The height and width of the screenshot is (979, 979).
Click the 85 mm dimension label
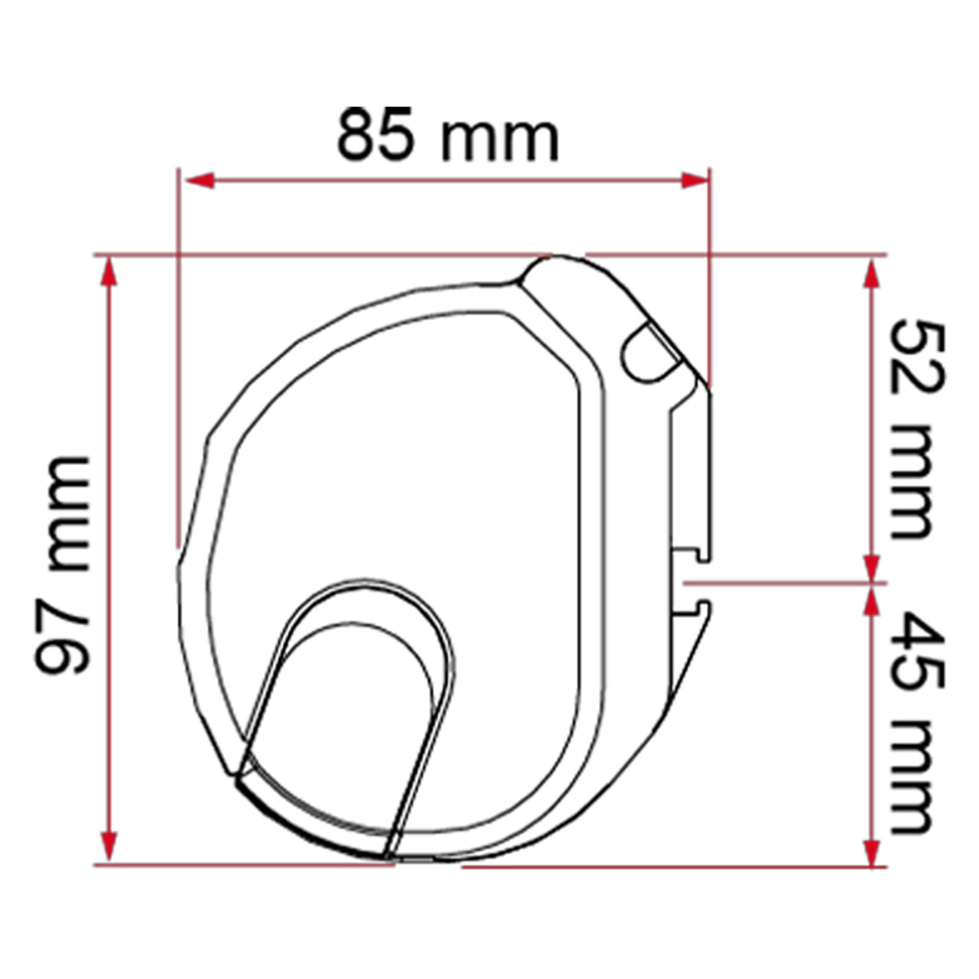tap(447, 135)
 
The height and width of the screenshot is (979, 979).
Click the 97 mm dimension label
tap(62, 564)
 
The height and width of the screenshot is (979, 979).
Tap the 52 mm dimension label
tap(916, 430)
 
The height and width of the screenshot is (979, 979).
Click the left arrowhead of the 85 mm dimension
tap(200, 181)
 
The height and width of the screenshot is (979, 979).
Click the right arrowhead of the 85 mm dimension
tap(695, 181)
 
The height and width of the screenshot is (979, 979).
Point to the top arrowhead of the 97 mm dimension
tap(109, 272)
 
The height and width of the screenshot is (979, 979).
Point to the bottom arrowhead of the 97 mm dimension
tap(109, 847)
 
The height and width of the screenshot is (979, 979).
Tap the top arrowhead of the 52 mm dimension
tap(872, 275)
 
